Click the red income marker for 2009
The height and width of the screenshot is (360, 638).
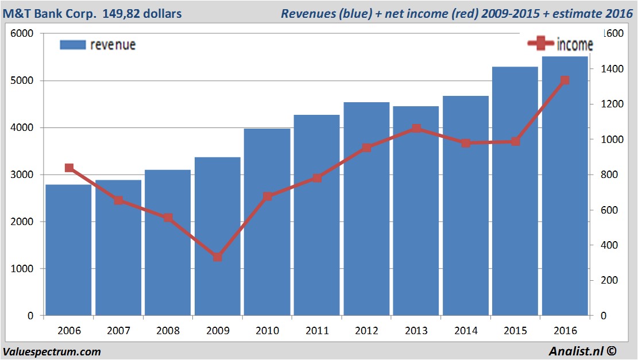click(218, 257)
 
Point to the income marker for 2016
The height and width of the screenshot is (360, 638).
click(565, 80)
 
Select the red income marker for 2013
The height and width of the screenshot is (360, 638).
click(416, 129)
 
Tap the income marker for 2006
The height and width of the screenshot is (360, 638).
click(69, 168)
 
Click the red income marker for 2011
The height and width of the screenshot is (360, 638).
click(317, 178)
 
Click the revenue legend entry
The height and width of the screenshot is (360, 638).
click(98, 45)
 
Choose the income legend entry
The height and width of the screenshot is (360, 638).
click(560, 44)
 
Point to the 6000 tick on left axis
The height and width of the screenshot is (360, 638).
click(22, 34)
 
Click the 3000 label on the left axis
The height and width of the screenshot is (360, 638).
click(22, 175)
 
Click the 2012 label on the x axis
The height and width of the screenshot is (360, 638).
click(366, 331)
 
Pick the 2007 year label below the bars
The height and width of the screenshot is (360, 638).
click(118, 331)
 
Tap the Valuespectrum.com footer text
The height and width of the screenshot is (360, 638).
click(52, 351)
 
